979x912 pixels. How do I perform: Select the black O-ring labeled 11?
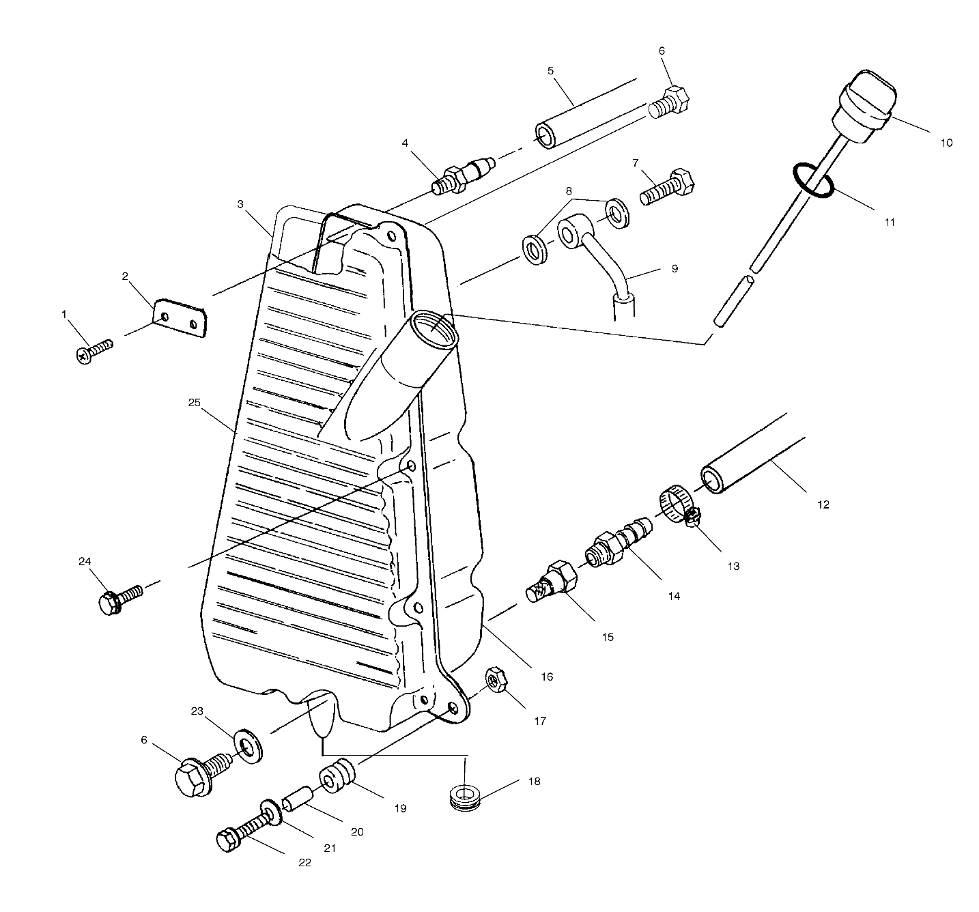pyautogui.click(x=813, y=180)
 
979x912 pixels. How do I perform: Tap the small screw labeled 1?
pyautogui.click(x=95, y=350)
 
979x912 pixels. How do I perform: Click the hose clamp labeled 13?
pyautogui.click(x=681, y=507)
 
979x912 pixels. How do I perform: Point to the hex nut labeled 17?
pyautogui.click(x=496, y=679)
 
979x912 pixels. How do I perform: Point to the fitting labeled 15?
pyautogui.click(x=551, y=581)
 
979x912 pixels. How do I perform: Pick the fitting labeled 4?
pyautogui.click(x=464, y=175)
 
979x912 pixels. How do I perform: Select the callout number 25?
pyautogui.click(x=194, y=402)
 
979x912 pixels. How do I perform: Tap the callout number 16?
pyautogui.click(x=547, y=677)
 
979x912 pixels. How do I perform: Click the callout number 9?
pyautogui.click(x=675, y=269)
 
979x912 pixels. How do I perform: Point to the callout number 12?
pyautogui.click(x=823, y=504)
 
